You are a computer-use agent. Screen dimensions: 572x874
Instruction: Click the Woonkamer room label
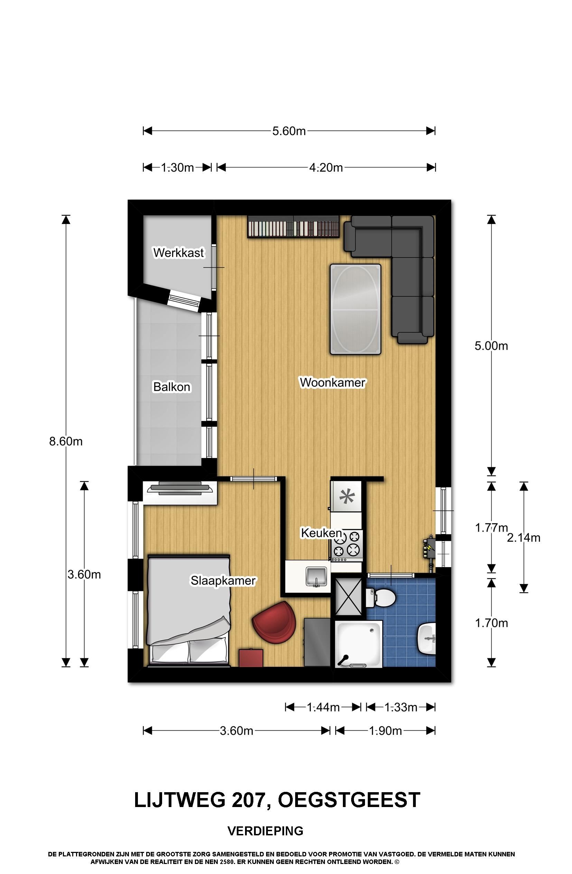tap(332, 382)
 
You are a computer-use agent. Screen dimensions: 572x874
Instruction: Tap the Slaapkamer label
tap(223, 580)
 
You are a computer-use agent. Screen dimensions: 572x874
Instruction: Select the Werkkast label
tap(178, 253)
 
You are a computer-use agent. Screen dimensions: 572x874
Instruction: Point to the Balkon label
tap(172, 387)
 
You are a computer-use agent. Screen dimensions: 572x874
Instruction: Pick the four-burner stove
tap(347, 545)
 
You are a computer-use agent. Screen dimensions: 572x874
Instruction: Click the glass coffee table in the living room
tap(355, 309)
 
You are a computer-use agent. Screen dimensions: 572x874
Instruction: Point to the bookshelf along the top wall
tap(293, 226)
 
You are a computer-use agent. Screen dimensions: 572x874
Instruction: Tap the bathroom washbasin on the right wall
tap(426, 639)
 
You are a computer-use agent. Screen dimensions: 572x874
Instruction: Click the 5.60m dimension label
tap(289, 131)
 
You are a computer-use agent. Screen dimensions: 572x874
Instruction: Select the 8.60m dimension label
tap(66, 441)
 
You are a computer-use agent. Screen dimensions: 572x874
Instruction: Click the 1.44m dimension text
tap(323, 707)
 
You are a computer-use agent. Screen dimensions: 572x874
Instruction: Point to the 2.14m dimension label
tap(524, 537)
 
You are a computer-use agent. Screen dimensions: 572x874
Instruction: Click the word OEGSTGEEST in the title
tap(349, 800)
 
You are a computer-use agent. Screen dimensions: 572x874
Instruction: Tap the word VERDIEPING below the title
tap(265, 830)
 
